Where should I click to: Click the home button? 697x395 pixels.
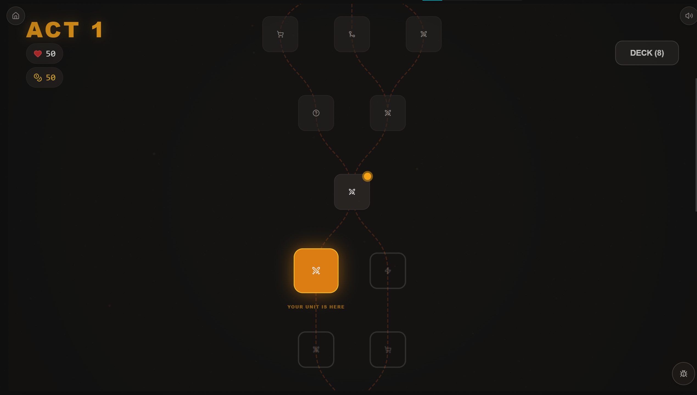coord(16,16)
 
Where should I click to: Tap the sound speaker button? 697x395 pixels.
coord(689,16)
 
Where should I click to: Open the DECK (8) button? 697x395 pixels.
coord(647,53)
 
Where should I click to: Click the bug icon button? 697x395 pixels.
coord(683,374)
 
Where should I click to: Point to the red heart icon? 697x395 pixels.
coord(38,54)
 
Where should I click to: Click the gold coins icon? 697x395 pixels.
coord(38,78)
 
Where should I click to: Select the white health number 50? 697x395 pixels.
coord(51,54)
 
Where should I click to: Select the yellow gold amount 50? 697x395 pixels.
coord(51,78)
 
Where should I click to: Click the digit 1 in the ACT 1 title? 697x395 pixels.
coord(97,30)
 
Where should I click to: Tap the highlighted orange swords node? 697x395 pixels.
coord(316,271)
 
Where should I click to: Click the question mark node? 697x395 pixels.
coord(316,113)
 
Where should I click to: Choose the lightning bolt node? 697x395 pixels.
coord(388,271)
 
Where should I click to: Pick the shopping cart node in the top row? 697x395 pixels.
coord(280,34)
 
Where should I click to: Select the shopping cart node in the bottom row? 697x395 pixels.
coord(388,350)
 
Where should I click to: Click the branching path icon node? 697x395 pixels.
coord(352,34)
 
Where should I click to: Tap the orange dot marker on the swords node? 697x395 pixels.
coord(367,176)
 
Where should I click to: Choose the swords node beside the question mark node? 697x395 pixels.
coord(388,113)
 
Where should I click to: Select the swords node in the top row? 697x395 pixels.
coord(424,34)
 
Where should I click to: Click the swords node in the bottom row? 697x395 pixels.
coord(316,350)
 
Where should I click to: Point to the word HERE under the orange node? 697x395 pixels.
coord(337,307)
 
